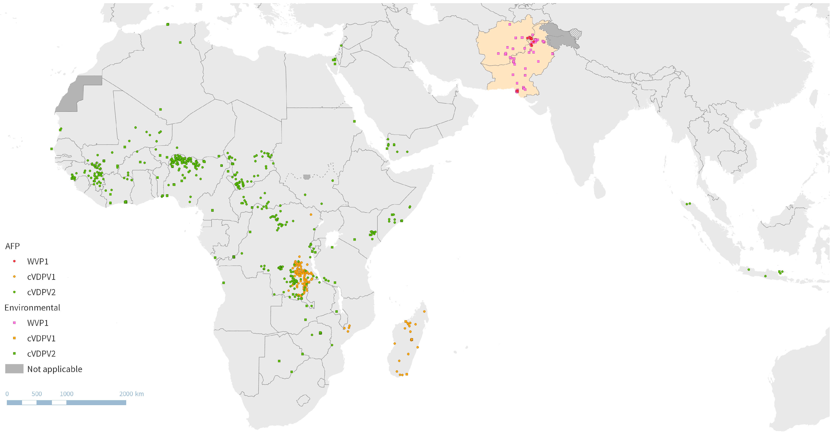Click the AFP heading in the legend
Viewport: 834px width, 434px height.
tap(12, 246)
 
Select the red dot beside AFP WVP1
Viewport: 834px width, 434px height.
tap(14, 261)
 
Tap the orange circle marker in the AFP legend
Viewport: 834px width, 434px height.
tap(14, 276)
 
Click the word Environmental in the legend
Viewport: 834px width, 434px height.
tap(32, 308)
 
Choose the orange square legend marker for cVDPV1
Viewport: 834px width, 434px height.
tap(14, 338)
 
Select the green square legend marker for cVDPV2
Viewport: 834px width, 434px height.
tap(14, 354)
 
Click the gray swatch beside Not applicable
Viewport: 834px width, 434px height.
tap(14, 369)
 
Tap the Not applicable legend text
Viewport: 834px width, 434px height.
tap(55, 369)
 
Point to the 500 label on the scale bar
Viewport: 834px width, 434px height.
tap(37, 394)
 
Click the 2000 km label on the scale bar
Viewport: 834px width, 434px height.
tap(131, 394)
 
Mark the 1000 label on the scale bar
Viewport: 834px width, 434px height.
tap(66, 394)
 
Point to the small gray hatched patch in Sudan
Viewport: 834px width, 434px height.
tap(307, 177)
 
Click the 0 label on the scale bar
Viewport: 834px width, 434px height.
tap(7, 394)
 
